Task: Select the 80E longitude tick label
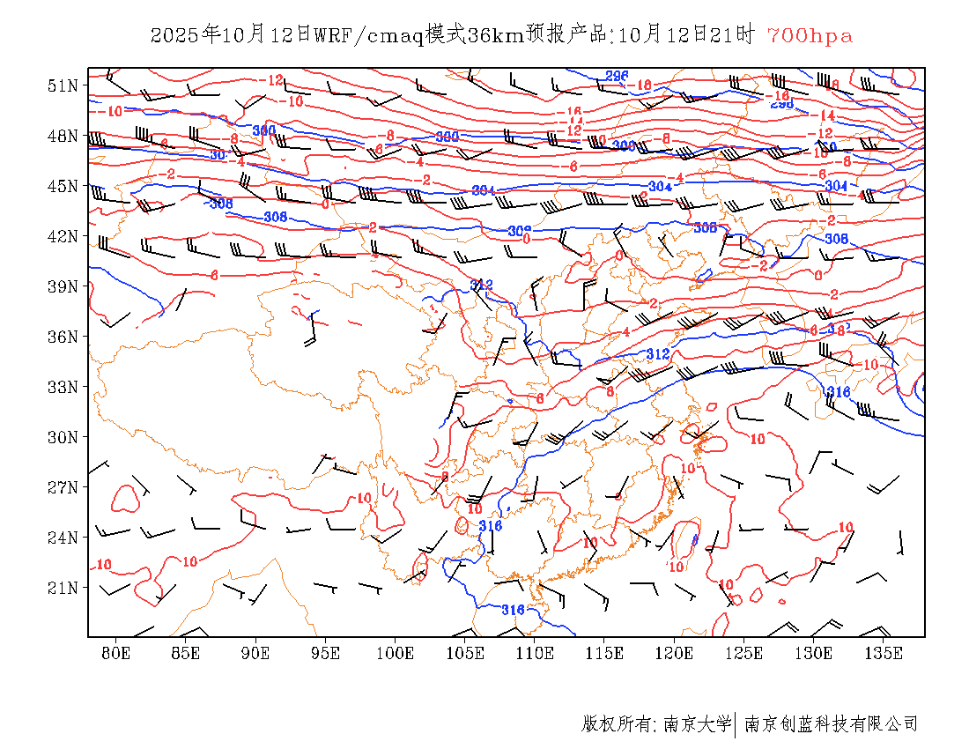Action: [x=116, y=653]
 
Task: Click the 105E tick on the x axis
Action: [x=465, y=653]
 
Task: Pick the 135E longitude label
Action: [x=884, y=653]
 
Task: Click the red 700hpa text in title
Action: [x=810, y=36]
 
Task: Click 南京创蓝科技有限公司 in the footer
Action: [x=831, y=724]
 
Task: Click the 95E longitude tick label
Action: [x=325, y=653]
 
